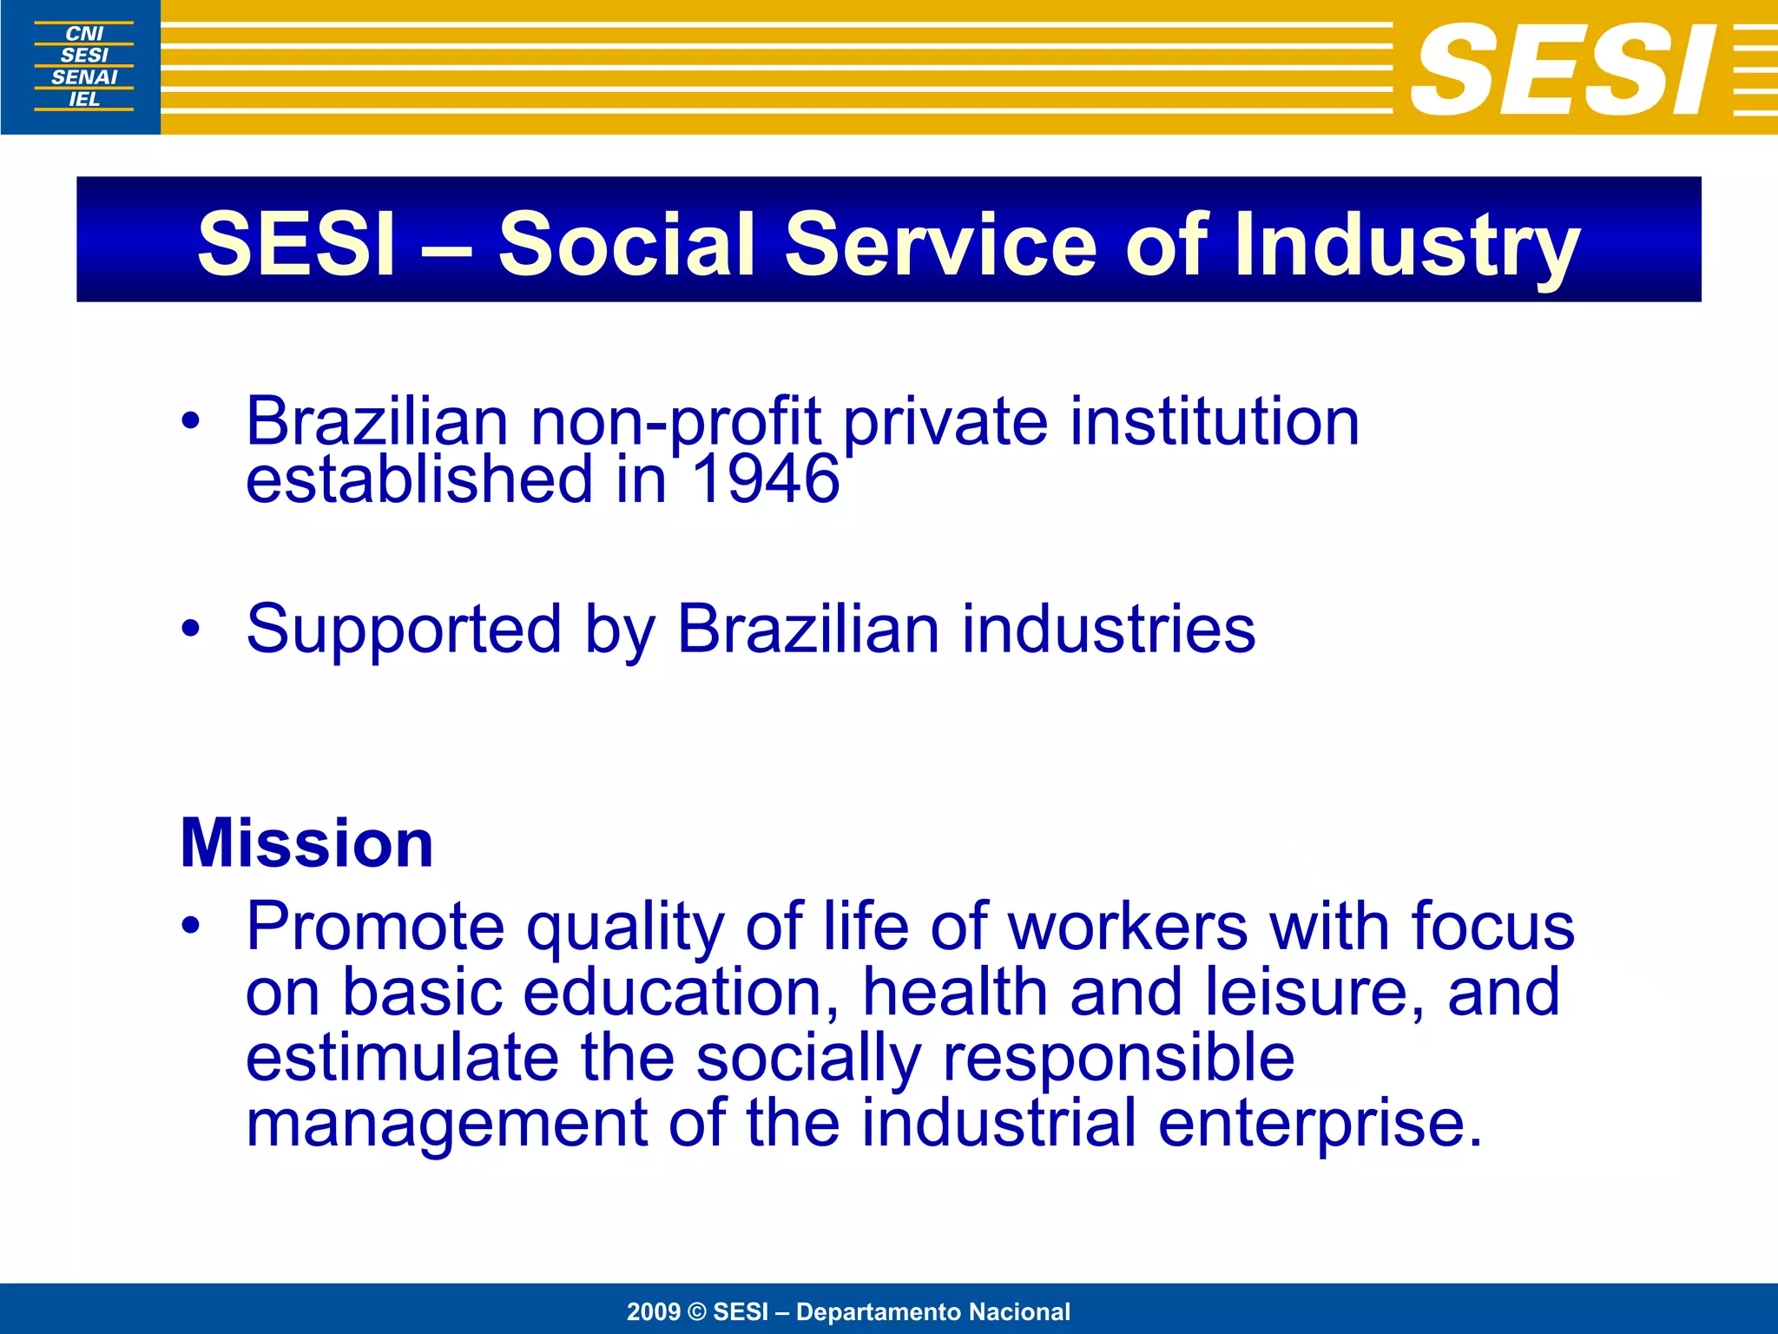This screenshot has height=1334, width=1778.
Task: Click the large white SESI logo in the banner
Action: point(1563,69)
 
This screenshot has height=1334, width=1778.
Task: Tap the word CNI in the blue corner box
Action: point(84,33)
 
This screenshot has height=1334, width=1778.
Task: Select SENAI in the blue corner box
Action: point(84,77)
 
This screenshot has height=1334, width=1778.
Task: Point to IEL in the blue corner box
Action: point(84,99)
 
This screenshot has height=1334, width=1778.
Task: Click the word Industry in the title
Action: point(1406,245)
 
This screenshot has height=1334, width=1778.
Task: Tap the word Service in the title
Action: point(941,245)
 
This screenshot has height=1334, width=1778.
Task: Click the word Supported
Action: point(404,630)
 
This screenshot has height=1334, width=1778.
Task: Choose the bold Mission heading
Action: point(306,842)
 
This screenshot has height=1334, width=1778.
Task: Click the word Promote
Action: point(375,927)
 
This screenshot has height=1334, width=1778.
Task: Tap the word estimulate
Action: point(402,1058)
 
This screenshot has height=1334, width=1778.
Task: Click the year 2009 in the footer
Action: point(653,1311)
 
